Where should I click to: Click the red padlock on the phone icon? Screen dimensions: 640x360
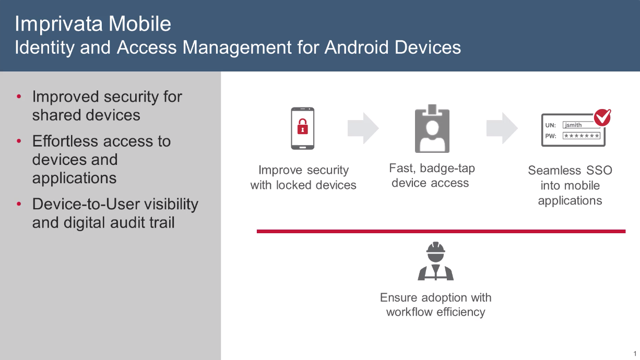303,126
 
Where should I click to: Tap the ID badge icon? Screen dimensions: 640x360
432,128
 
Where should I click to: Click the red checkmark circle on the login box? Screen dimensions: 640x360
602,117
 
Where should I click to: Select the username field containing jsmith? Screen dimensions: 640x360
581,125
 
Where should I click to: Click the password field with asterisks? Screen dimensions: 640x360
582,136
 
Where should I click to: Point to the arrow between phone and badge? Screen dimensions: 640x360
363,128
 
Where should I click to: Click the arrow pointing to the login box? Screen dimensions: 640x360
502,128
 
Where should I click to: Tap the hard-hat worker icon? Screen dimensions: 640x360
435,261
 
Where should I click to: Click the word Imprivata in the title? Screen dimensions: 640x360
58,23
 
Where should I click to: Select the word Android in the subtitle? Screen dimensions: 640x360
357,47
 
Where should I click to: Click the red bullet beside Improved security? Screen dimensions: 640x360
19,97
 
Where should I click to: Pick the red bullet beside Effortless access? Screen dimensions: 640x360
19,141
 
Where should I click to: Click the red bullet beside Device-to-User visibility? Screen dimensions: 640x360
19,204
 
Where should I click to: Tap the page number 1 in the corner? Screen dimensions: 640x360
635,353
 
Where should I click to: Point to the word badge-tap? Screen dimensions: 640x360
447,169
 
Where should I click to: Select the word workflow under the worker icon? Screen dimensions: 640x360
409,312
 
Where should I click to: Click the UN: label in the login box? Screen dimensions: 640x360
551,125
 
